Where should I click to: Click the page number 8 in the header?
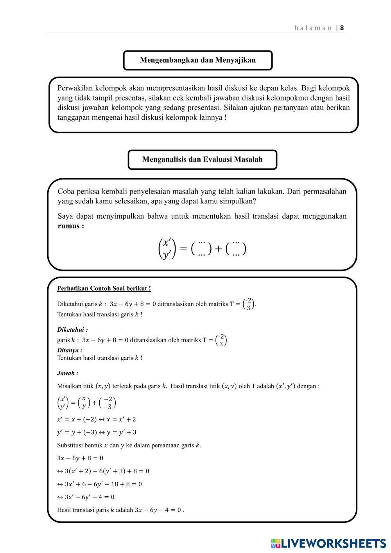[x=342, y=28]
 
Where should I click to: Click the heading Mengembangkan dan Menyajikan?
[x=198, y=60]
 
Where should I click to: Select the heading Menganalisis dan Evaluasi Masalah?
[x=202, y=160]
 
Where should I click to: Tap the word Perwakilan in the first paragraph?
[x=75, y=88]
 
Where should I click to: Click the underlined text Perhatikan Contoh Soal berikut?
[x=104, y=289]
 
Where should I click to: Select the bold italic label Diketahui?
[x=72, y=330]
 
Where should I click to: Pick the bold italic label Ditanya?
[x=69, y=350]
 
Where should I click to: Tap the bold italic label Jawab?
[x=67, y=373]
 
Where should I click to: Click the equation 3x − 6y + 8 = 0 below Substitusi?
[x=80, y=458]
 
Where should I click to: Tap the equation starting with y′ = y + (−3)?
[x=97, y=432]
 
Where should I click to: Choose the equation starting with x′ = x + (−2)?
[x=97, y=419]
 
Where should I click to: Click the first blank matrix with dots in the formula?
[x=201, y=248]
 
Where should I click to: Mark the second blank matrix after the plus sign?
[x=236, y=248]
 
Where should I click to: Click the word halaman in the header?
[x=313, y=28]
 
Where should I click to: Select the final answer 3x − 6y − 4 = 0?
[x=158, y=510]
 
